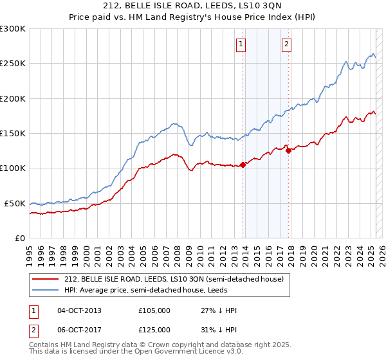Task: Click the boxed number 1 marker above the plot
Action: pos(241,44)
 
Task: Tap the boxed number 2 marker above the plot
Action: pos(286,44)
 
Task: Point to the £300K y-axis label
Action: pos(13,29)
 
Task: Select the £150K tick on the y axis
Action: pos(13,133)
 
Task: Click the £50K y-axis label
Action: pos(15,203)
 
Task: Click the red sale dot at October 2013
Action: pos(243,165)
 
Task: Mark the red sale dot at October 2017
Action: pos(288,150)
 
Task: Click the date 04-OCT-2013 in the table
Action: pos(79,310)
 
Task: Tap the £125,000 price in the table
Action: pos(154,329)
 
